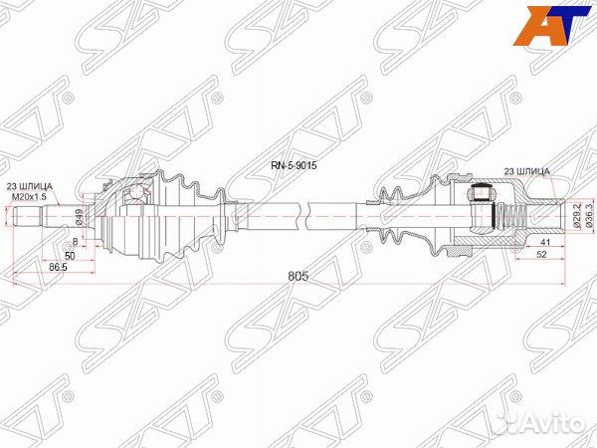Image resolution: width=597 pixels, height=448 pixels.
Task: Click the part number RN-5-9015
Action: click(x=294, y=165)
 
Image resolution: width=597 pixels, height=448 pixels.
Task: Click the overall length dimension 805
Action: click(x=298, y=276)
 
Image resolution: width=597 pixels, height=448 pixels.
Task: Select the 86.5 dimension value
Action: click(x=58, y=267)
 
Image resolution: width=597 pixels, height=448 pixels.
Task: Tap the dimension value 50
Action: click(x=70, y=256)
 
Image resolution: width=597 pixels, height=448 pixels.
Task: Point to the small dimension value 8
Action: click(x=75, y=242)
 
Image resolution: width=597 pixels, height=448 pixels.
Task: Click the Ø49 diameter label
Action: click(x=80, y=216)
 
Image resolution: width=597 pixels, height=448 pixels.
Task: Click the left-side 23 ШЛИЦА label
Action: click(x=29, y=186)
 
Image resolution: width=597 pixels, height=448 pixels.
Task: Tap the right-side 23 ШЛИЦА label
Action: click(x=527, y=171)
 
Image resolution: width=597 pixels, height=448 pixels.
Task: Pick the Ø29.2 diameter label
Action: click(x=577, y=215)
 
